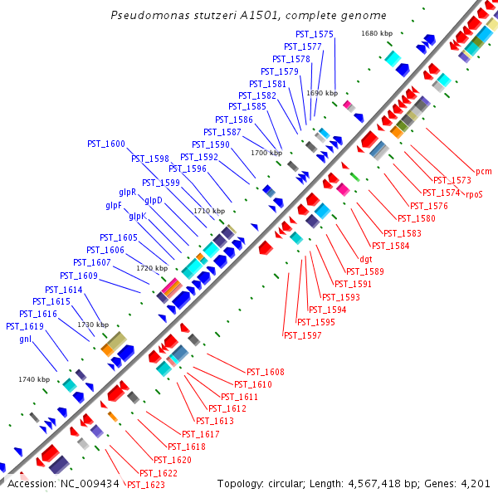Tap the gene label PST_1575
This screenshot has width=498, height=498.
[x=315, y=34]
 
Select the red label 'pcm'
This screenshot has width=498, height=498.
[x=484, y=171]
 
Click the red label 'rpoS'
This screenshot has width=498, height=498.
[x=474, y=194]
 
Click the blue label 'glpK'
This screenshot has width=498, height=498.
[x=138, y=216]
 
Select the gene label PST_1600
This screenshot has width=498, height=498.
[x=106, y=144]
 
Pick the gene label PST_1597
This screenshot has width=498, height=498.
[x=303, y=335]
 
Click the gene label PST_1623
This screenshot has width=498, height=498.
[x=145, y=485]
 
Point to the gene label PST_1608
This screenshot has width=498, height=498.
[x=266, y=372]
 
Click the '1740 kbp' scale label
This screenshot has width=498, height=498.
[x=34, y=379]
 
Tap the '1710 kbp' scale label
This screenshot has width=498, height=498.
[x=209, y=211]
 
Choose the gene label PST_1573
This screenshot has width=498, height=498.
[x=452, y=180]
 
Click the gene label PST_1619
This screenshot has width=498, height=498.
[x=25, y=326]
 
